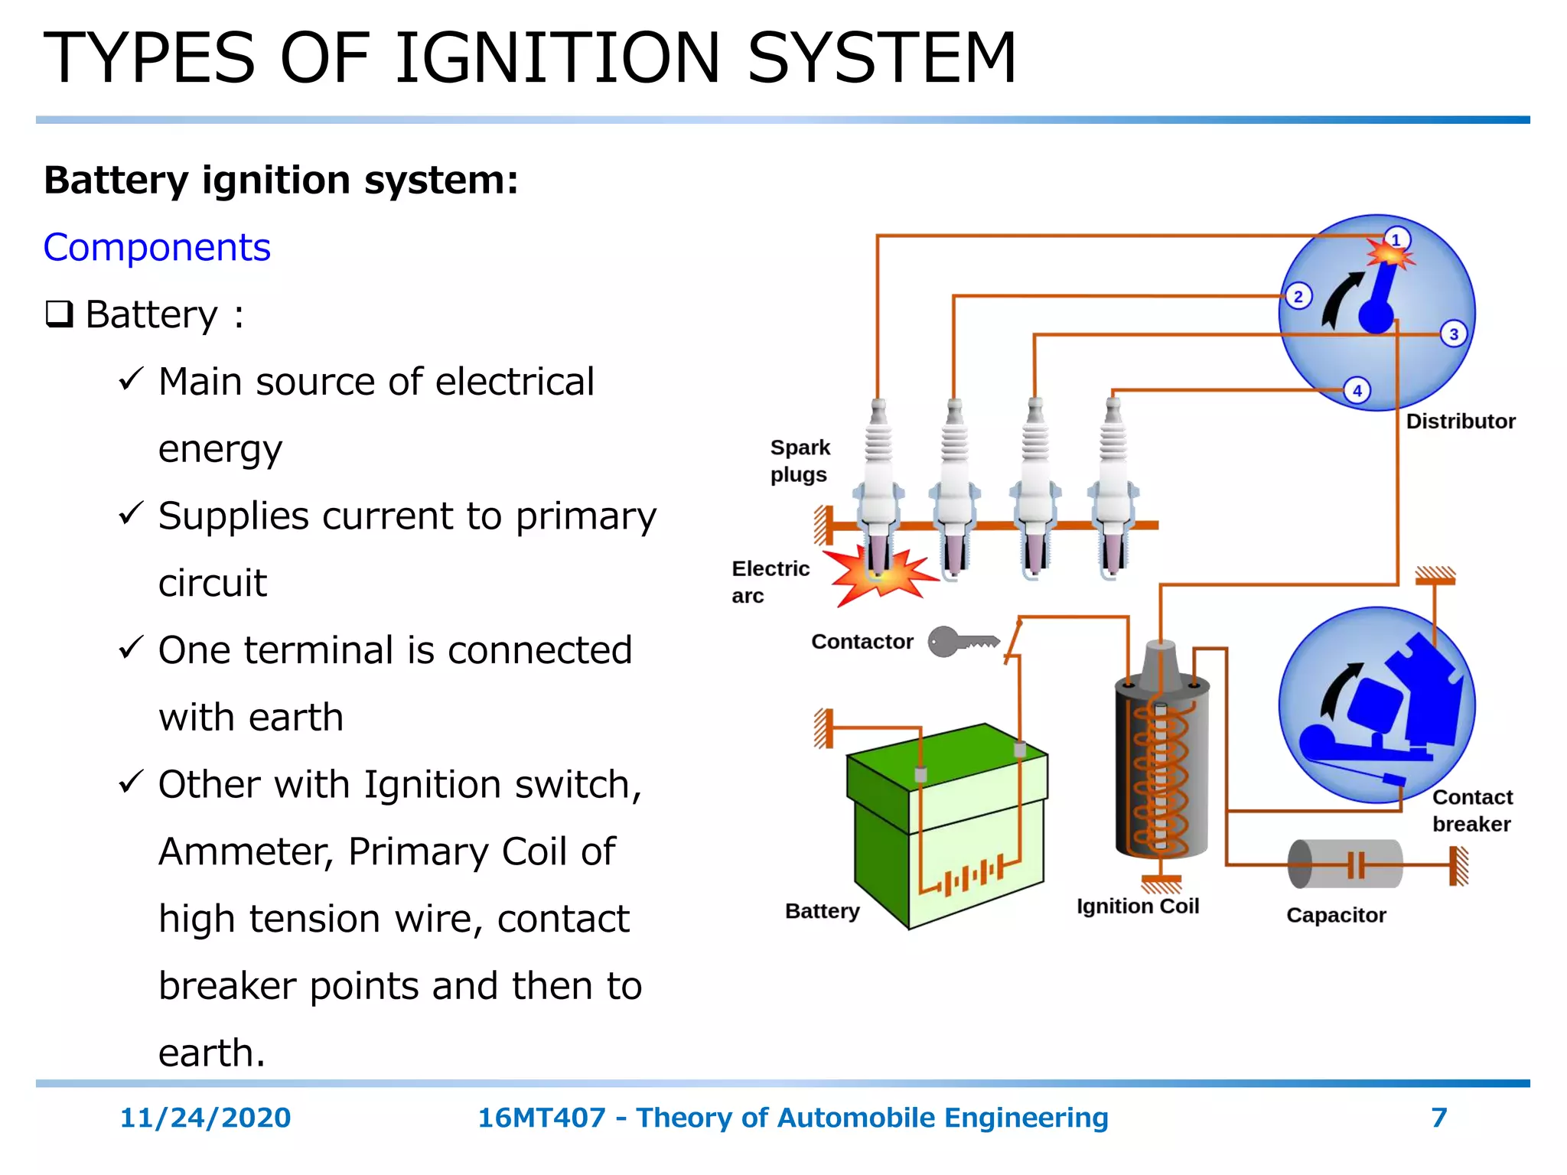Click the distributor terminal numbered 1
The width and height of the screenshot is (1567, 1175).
point(1396,239)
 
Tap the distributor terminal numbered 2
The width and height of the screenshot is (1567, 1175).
point(1298,296)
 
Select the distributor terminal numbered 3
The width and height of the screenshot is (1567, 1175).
point(1454,334)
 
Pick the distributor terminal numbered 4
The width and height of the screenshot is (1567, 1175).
point(1357,391)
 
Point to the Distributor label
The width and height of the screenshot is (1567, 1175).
point(1461,422)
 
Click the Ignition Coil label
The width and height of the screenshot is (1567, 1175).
point(1138,906)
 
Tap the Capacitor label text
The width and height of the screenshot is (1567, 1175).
point(1336,915)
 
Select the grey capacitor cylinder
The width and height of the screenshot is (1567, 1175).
point(1345,864)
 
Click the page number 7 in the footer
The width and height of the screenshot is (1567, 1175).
point(1439,1118)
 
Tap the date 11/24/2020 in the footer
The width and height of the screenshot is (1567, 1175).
point(205,1118)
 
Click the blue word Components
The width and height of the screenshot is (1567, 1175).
point(157,247)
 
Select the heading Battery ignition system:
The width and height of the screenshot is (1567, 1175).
point(281,181)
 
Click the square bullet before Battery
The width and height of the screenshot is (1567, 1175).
point(59,314)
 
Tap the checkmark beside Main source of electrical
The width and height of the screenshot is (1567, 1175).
point(131,379)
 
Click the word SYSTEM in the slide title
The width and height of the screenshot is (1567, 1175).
point(881,58)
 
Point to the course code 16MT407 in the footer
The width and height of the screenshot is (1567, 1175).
point(541,1118)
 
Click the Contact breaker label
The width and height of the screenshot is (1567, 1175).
point(1472,811)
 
